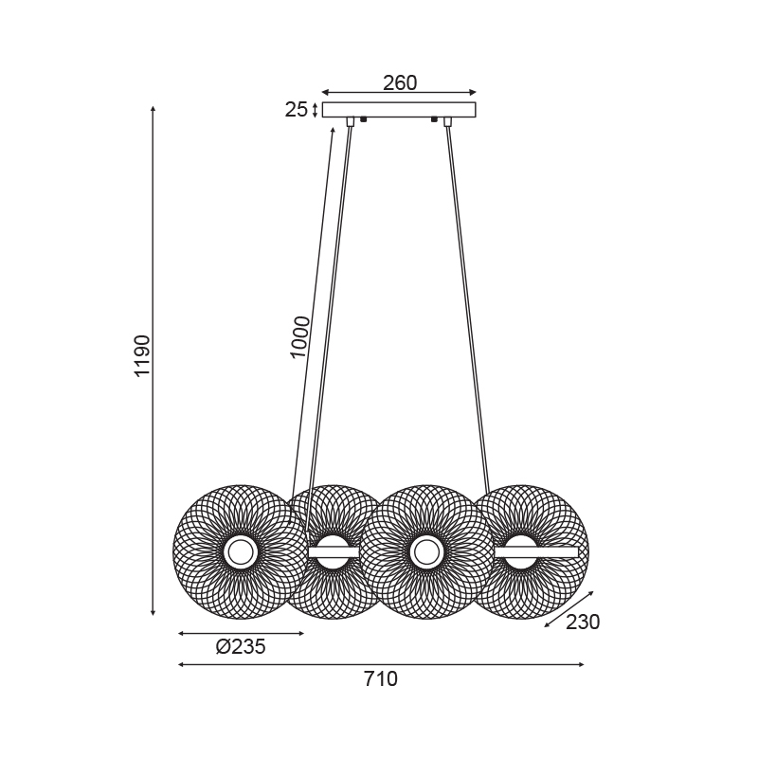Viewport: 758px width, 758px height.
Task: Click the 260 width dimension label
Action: click(x=400, y=83)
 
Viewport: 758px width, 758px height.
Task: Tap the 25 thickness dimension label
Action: click(x=296, y=110)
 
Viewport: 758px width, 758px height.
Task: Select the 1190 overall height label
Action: click(x=143, y=356)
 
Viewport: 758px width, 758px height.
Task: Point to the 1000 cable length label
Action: click(x=299, y=337)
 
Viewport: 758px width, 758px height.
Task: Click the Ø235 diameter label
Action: click(x=241, y=646)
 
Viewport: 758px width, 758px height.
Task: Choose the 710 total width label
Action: click(x=381, y=679)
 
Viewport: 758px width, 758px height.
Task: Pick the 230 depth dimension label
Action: click(x=583, y=623)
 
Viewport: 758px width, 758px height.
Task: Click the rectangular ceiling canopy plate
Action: click(x=399, y=110)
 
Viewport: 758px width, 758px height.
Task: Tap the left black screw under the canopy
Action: click(x=364, y=119)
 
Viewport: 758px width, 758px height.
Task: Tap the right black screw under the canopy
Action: click(x=434, y=119)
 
